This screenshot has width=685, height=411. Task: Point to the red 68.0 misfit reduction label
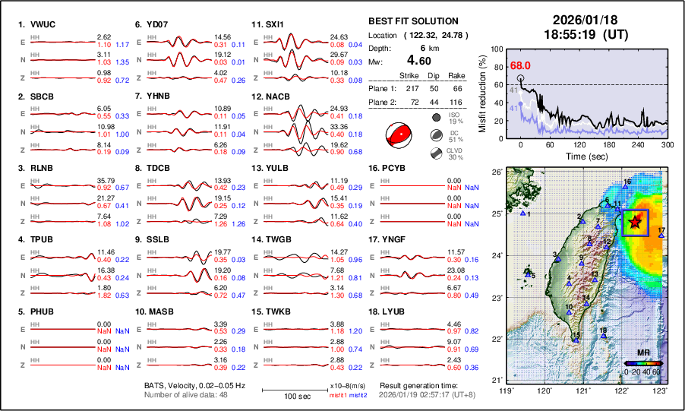tap(520, 65)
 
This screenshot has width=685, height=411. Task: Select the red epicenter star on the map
tap(635, 222)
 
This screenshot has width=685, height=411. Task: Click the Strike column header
tap(409, 75)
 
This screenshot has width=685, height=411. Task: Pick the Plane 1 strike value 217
tap(409, 88)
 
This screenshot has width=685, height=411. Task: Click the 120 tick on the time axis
tap(579, 144)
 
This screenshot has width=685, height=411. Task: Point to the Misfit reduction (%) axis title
tap(481, 90)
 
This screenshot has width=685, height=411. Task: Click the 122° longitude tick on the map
tap(622, 390)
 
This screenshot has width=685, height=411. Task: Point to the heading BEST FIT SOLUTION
tap(413, 21)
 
